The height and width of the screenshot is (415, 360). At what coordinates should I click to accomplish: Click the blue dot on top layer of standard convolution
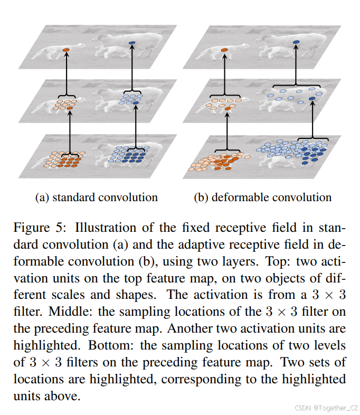(x=132, y=42)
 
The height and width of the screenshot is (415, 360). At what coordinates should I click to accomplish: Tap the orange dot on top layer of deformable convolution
(x=225, y=50)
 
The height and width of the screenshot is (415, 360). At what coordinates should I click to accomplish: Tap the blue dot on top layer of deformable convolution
(x=297, y=42)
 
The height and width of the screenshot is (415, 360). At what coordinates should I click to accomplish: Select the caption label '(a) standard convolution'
(x=96, y=197)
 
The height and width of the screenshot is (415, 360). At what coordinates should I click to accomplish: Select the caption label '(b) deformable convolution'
(x=263, y=197)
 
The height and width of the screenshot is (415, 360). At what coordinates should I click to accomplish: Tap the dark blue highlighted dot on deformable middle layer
(x=312, y=98)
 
